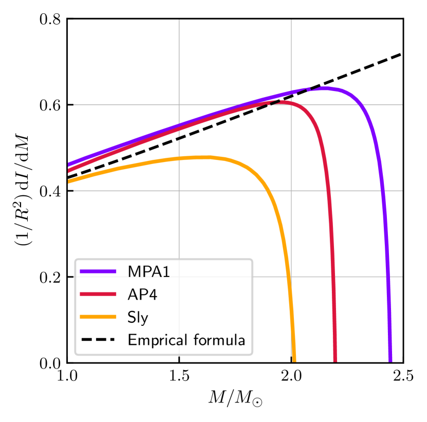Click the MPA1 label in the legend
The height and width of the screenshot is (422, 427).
pos(148,272)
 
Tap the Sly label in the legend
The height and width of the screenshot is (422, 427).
pos(138,318)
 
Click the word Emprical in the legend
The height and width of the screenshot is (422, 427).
pos(157,340)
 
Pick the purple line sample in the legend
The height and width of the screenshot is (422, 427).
pos(98,271)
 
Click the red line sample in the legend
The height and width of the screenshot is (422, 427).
pos(98,295)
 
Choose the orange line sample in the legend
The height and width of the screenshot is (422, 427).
pos(98,317)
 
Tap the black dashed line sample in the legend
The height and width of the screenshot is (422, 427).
pos(98,340)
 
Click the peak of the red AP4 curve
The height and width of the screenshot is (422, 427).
pos(284,103)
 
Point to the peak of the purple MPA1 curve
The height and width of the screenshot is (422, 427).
pos(325,88)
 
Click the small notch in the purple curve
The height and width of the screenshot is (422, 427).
pos(309,90)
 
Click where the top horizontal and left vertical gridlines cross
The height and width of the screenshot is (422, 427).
pos(179,105)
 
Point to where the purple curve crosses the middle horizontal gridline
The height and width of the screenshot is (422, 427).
pos(383,191)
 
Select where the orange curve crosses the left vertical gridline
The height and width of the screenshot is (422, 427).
pos(179,159)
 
